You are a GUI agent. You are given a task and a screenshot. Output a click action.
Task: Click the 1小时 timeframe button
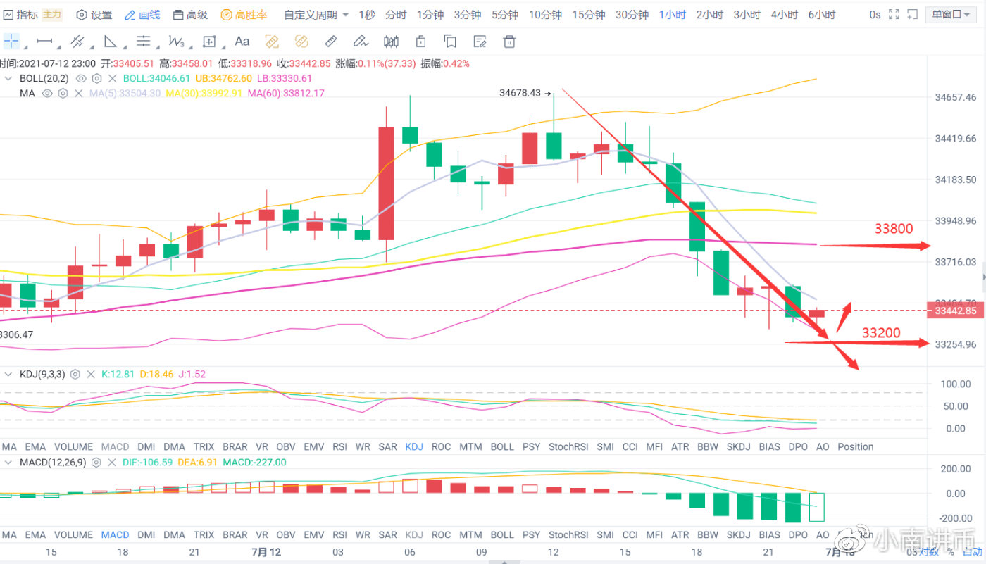point(672,15)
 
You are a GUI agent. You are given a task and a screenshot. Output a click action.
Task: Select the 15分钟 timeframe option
point(588,15)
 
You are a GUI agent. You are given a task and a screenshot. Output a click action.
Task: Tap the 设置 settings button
point(94,15)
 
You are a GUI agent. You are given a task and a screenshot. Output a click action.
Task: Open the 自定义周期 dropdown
point(316,15)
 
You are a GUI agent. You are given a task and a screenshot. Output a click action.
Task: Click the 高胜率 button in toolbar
point(244,15)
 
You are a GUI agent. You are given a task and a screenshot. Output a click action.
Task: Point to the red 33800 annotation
point(894,229)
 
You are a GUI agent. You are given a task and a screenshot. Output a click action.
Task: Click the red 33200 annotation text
point(880,333)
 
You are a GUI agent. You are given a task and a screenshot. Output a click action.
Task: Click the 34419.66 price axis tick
point(955,139)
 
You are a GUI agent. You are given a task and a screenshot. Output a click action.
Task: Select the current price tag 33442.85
point(955,311)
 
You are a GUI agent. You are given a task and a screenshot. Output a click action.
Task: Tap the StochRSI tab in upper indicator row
point(568,446)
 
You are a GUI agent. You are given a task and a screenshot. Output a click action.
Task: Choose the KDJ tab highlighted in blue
point(415,446)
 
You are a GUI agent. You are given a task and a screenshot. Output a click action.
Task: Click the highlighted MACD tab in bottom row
point(115,534)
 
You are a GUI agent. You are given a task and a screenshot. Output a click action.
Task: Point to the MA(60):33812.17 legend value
point(285,93)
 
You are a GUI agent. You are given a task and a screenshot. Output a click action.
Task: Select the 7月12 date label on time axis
point(266,552)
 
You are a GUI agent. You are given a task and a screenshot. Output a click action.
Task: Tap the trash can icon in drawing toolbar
point(509,41)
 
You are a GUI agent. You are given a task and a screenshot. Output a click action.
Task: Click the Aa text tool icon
point(242,41)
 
